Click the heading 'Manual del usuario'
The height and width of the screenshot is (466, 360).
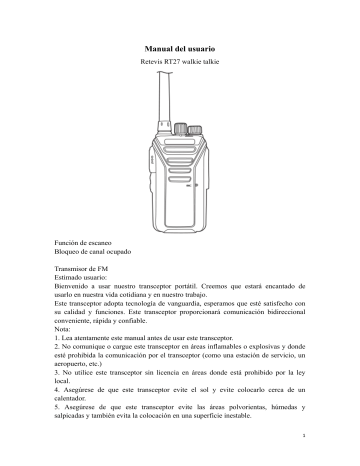(x=180, y=48)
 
